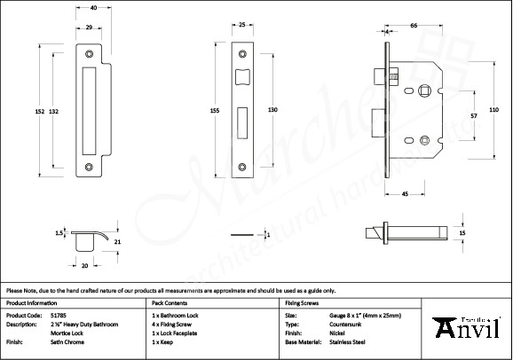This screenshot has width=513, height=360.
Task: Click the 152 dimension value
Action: (x=40, y=111)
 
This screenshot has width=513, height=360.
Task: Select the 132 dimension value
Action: (x=54, y=111)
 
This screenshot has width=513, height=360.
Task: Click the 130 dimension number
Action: (x=273, y=109)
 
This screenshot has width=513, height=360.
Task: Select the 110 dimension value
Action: (x=494, y=109)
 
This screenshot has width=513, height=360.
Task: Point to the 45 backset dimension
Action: (x=405, y=193)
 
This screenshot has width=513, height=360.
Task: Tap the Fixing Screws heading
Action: (x=302, y=302)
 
